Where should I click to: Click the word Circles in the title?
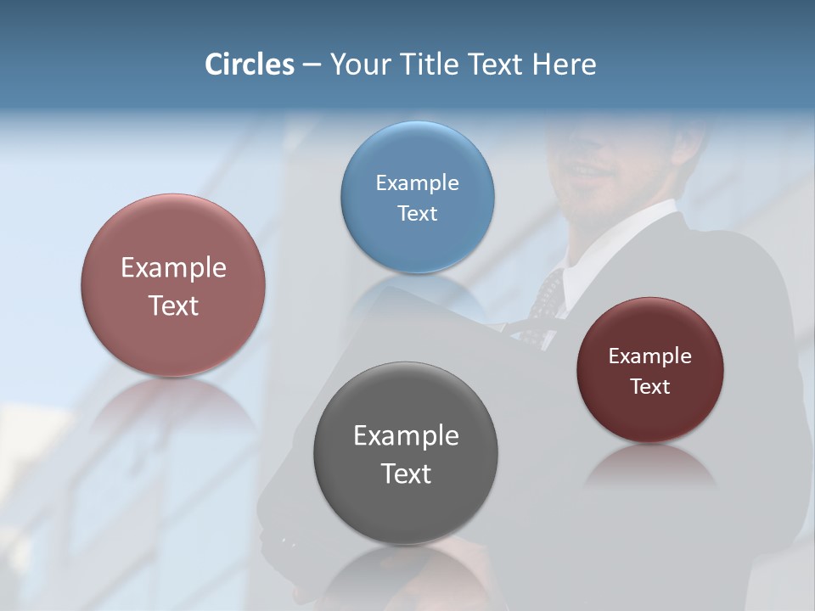pyautogui.click(x=250, y=64)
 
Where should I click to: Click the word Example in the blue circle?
pyautogui.click(x=417, y=183)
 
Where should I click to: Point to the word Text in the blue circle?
pyautogui.click(x=417, y=214)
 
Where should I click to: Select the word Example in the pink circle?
pyautogui.click(x=173, y=268)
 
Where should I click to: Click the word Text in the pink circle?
pyautogui.click(x=173, y=305)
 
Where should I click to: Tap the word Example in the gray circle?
pyautogui.click(x=406, y=436)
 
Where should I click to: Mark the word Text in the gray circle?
pyautogui.click(x=406, y=474)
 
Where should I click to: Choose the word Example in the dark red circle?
pyautogui.click(x=650, y=356)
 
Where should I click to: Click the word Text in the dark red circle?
pyautogui.click(x=650, y=387)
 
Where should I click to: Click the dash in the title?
pyautogui.click(x=312, y=65)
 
